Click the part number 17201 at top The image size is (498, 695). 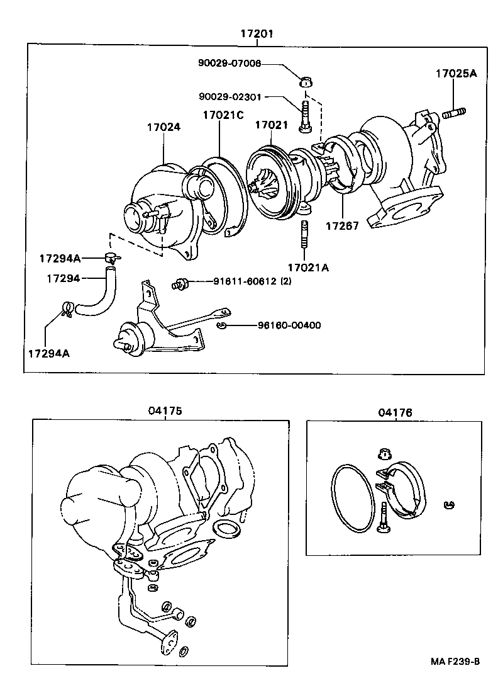tap(256, 33)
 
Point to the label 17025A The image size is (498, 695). tap(456, 74)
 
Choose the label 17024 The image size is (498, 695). tap(163, 127)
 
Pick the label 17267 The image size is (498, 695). tap(341, 226)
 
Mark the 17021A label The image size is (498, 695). tap(307, 267)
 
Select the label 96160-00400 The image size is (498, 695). tap(289, 325)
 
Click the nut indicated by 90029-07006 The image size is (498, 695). tap(306, 82)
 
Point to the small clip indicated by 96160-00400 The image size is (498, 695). tap(221, 325)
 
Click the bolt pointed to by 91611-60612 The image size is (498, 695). tap(181, 283)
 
